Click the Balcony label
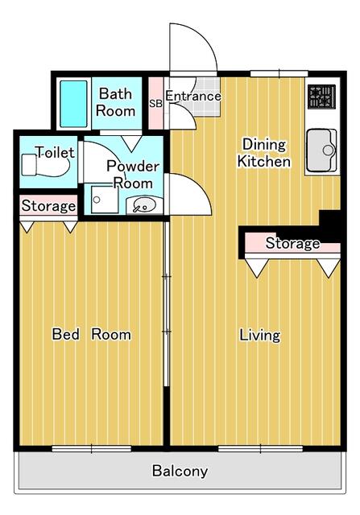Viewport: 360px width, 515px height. pyautogui.click(x=180, y=472)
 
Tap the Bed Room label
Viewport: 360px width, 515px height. pyautogui.click(x=91, y=334)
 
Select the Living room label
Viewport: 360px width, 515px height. pyautogui.click(x=259, y=335)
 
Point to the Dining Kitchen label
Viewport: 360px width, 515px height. pyautogui.click(x=263, y=153)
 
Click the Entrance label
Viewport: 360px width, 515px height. pyautogui.click(x=193, y=97)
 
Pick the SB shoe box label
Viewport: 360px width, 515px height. pyautogui.click(x=156, y=103)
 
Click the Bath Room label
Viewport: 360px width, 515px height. pyautogui.click(x=116, y=102)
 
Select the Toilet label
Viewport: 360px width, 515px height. pyautogui.click(x=56, y=152)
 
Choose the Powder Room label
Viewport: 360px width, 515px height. pyautogui.click(x=134, y=174)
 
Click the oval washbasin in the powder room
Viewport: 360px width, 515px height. pyautogui.click(x=143, y=204)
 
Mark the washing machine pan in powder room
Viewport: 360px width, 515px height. pyautogui.click(x=103, y=201)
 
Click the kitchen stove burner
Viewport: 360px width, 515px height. pyautogui.click(x=322, y=97)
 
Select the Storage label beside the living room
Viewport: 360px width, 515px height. pyautogui.click(x=292, y=243)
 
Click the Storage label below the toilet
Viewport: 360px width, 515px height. pyautogui.click(x=48, y=206)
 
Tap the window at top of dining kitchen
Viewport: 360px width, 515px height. pyautogui.click(x=273, y=73)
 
